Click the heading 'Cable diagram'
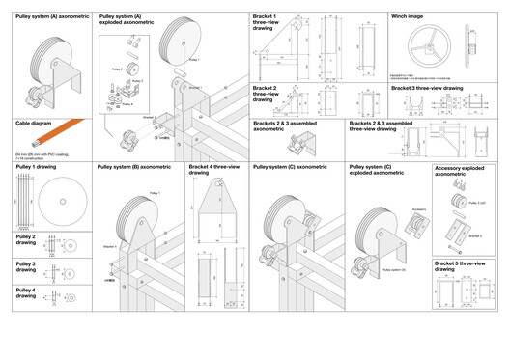tap(35, 124)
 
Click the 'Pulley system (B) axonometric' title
tap(134, 167)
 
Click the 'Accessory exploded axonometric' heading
tap(459, 171)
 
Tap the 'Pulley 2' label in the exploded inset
tap(117, 69)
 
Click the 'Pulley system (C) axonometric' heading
tap(290, 167)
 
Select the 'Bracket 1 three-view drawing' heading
tap(265, 23)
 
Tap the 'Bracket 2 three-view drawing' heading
tap(266, 94)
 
